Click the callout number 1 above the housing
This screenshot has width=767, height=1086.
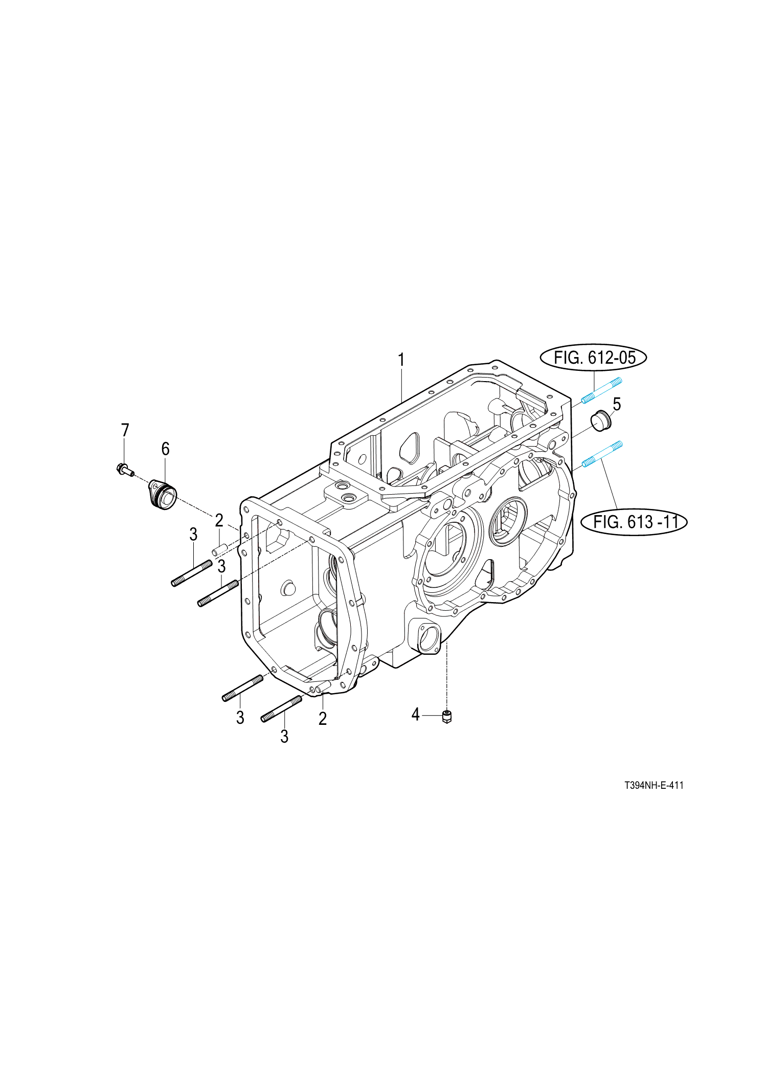(x=401, y=360)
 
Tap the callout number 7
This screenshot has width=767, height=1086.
(x=125, y=430)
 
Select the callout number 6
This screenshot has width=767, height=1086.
(x=165, y=449)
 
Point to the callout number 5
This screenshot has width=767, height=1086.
(x=617, y=404)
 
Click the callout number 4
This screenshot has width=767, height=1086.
(x=415, y=715)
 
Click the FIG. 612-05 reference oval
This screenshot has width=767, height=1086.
(x=593, y=358)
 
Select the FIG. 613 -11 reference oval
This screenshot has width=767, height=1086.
(x=634, y=522)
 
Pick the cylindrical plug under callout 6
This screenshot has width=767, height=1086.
(x=163, y=494)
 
